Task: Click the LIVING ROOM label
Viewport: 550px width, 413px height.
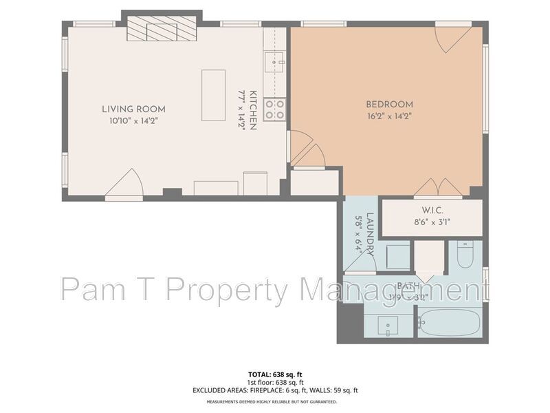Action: (x=133, y=109)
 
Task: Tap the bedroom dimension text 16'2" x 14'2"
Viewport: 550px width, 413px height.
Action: (x=389, y=116)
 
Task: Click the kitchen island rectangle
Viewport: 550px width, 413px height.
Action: (x=213, y=95)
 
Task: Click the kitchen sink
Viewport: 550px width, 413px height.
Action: (x=277, y=63)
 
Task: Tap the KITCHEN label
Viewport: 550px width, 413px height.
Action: (x=253, y=110)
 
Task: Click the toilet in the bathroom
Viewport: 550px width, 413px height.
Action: (x=465, y=255)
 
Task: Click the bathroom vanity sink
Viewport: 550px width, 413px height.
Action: (x=388, y=326)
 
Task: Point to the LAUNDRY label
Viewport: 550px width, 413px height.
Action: (x=370, y=233)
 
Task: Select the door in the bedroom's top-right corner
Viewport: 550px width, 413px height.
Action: (x=454, y=39)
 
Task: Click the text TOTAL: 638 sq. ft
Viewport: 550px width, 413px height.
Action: (x=275, y=374)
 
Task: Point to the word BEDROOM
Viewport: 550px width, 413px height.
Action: (x=389, y=105)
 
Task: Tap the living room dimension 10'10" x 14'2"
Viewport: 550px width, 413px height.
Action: (x=133, y=120)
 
